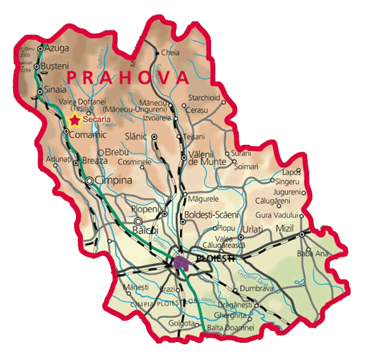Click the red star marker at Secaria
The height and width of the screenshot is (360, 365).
tap(75, 121)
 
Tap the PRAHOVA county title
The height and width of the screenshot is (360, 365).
tap(129, 77)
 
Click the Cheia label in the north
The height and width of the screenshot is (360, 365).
tap(170, 52)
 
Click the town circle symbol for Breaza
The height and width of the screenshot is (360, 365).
tap(76, 163)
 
